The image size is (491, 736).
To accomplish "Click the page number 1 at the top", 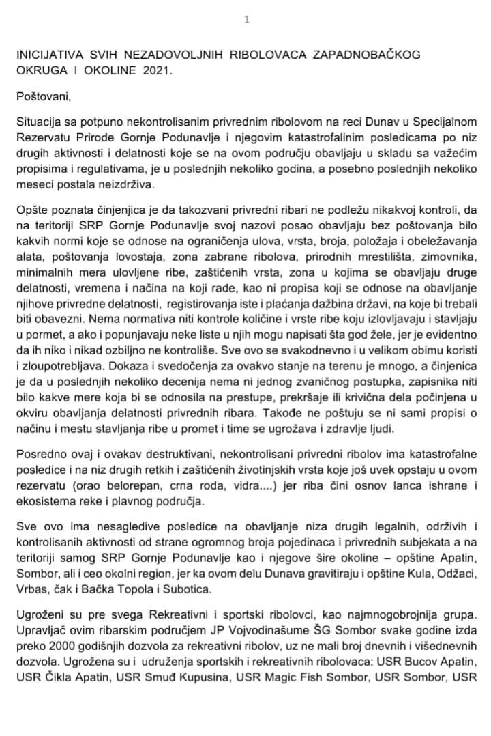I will [246, 19].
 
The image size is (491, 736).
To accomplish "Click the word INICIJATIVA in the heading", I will [48, 55].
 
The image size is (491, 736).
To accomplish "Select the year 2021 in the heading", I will [159, 70].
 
